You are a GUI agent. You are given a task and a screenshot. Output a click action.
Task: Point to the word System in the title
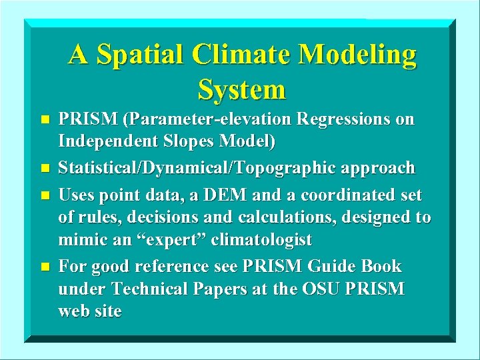tap(241, 89)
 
